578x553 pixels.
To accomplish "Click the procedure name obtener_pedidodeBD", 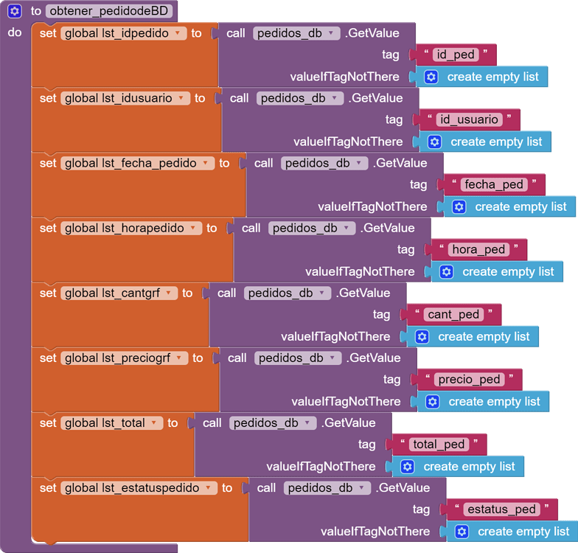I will pyautogui.click(x=111, y=11).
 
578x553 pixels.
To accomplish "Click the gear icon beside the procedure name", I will pyautogui.click(x=14, y=11).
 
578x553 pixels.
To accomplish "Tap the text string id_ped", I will pyautogui.click(x=456, y=55).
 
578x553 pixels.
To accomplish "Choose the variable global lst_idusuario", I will pyautogui.click(x=125, y=98).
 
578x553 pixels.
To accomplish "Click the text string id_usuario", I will pyautogui.click(x=469, y=119).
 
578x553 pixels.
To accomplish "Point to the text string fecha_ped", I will pyautogui.click(x=494, y=184).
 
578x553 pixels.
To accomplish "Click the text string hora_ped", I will pyautogui.click(x=478, y=249).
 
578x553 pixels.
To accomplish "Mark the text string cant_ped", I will pyautogui.click(x=453, y=314).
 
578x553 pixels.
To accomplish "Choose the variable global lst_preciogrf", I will pyautogui.click(x=125, y=358).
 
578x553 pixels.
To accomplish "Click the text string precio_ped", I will pyautogui.click(x=469, y=379).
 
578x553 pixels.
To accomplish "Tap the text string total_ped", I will pyautogui.click(x=439, y=444).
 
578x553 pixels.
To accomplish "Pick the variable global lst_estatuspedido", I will pyautogui.click(x=139, y=487).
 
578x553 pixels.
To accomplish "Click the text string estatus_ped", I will pyautogui.click(x=501, y=509).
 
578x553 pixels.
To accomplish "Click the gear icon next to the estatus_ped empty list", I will pyautogui.click(x=462, y=531).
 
